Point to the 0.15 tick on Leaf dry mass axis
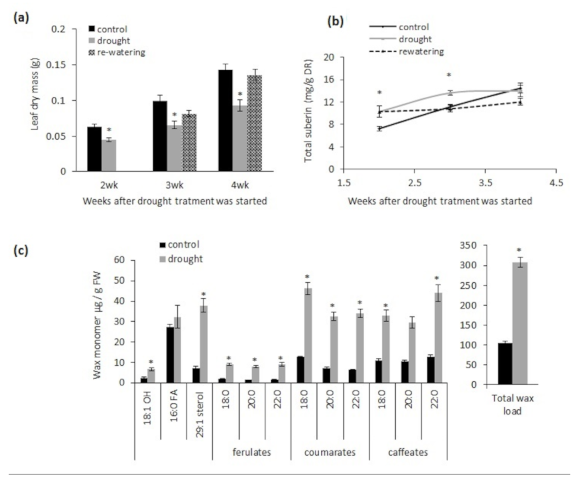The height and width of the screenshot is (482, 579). pyautogui.click(x=59, y=65)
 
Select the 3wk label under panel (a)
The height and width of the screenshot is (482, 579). pyautogui.click(x=174, y=185)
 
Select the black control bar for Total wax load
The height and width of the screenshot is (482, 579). pyautogui.click(x=505, y=364)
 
